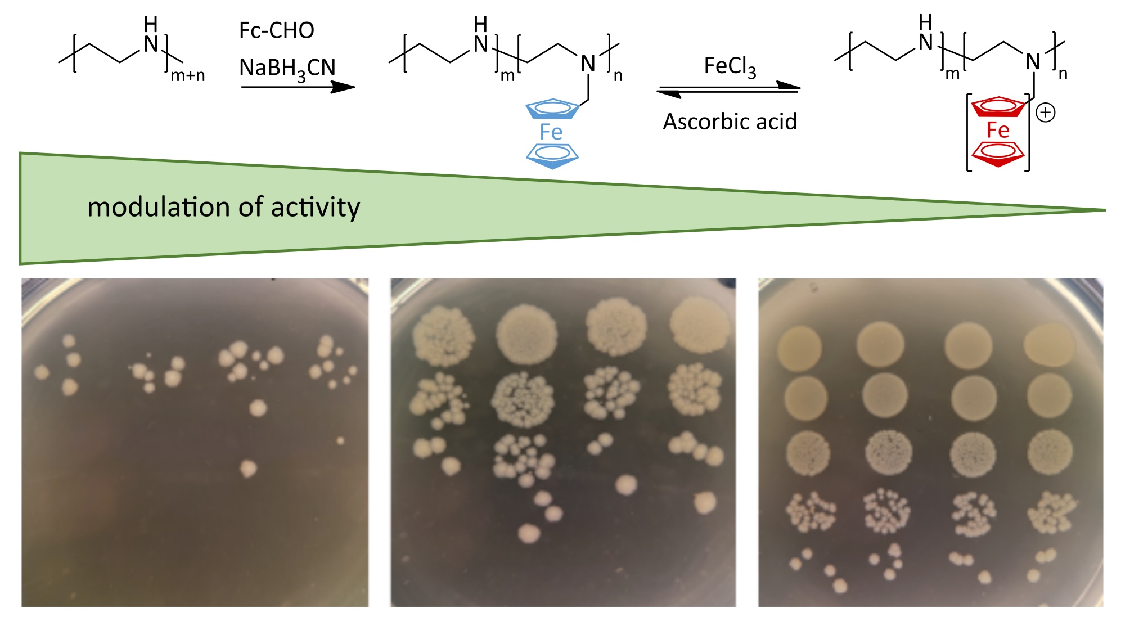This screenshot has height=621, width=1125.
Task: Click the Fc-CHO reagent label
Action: click(276, 30)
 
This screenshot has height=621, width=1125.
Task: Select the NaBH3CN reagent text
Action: click(287, 69)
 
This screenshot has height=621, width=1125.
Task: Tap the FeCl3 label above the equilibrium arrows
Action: click(730, 66)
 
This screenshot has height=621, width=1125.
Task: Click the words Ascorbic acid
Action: click(730, 121)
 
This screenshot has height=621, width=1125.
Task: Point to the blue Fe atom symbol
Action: click(551, 132)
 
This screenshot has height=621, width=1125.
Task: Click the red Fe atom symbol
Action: click(998, 130)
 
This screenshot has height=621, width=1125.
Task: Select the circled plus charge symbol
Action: click(1045, 112)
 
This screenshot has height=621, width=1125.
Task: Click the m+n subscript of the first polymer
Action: click(188, 75)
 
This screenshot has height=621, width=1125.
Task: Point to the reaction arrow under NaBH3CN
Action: click(298, 87)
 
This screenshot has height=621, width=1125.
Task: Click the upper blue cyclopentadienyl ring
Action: click(552, 108)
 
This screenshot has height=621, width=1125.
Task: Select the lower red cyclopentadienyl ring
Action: click(998, 153)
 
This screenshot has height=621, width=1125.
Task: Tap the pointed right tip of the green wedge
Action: click(1104, 210)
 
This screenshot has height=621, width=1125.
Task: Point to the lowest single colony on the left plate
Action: click(248, 468)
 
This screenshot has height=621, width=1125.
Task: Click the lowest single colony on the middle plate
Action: click(529, 533)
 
